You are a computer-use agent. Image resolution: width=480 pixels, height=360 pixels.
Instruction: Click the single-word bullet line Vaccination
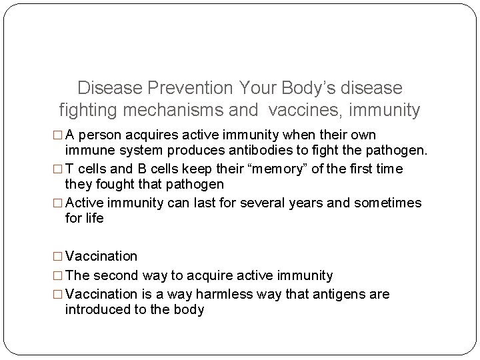point(102,257)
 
